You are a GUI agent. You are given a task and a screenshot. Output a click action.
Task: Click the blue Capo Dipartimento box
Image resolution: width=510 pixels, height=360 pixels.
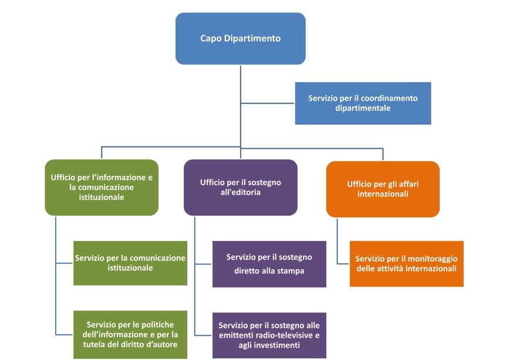coord(240,38)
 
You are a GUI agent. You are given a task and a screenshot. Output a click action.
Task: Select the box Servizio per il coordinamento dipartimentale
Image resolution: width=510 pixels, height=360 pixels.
coord(363,103)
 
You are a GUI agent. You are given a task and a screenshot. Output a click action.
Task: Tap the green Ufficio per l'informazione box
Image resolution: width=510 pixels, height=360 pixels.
coord(102,187)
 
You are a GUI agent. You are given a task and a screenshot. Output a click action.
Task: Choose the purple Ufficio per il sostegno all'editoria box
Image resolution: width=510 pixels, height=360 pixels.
coord(240,187)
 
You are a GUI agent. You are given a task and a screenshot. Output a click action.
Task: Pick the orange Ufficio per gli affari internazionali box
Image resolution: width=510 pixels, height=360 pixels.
coord(383,189)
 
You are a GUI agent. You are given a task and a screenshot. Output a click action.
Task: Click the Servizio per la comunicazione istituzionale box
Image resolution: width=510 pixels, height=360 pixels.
coord(130,263)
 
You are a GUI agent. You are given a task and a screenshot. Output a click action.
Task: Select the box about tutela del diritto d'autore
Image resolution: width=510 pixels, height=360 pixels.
coord(130,334)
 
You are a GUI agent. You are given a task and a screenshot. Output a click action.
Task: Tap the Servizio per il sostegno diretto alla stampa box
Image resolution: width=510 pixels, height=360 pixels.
coord(269,264)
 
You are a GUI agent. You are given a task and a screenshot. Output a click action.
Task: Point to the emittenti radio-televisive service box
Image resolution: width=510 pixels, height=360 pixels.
coord(269,335)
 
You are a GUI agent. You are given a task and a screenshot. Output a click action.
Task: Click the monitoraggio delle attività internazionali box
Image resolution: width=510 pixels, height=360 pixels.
coord(406,263)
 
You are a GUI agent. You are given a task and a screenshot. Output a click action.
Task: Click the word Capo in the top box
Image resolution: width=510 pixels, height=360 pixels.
coord(211,39)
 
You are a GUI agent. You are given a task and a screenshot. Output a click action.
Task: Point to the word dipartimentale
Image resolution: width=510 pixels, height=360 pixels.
coord(363,108)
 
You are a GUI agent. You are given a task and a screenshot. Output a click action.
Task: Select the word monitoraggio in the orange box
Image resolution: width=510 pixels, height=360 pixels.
coord(434,259)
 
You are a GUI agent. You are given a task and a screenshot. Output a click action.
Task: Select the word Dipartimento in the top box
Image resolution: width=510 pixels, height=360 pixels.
coord(252,39)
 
